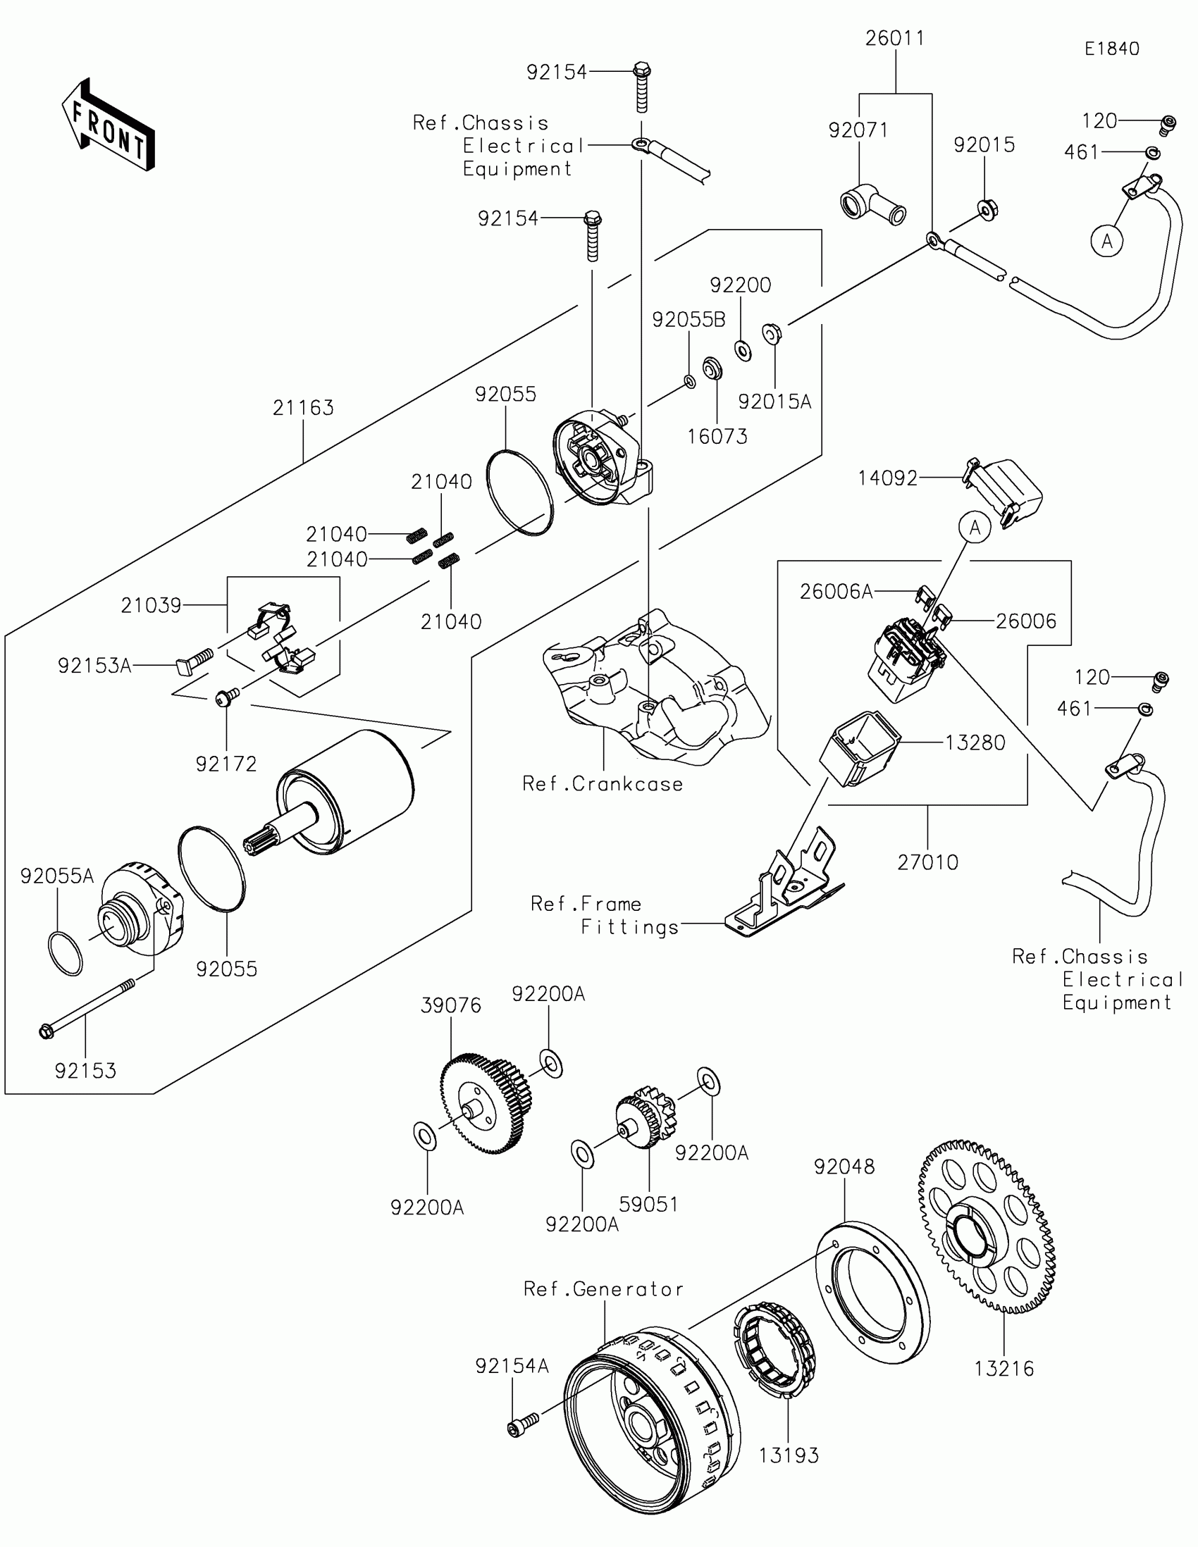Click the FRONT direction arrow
[109, 125]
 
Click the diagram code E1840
[1111, 49]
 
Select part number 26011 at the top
[895, 38]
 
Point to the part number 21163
[303, 408]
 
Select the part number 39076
[450, 1005]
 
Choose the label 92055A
[56, 876]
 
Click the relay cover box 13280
[859, 750]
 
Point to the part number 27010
[927, 862]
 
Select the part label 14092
[887, 479]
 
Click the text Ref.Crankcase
[603, 784]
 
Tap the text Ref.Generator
[604, 1289]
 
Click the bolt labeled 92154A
[523, 1425]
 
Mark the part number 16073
[717, 436]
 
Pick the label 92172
[226, 764]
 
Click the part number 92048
[844, 1167]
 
